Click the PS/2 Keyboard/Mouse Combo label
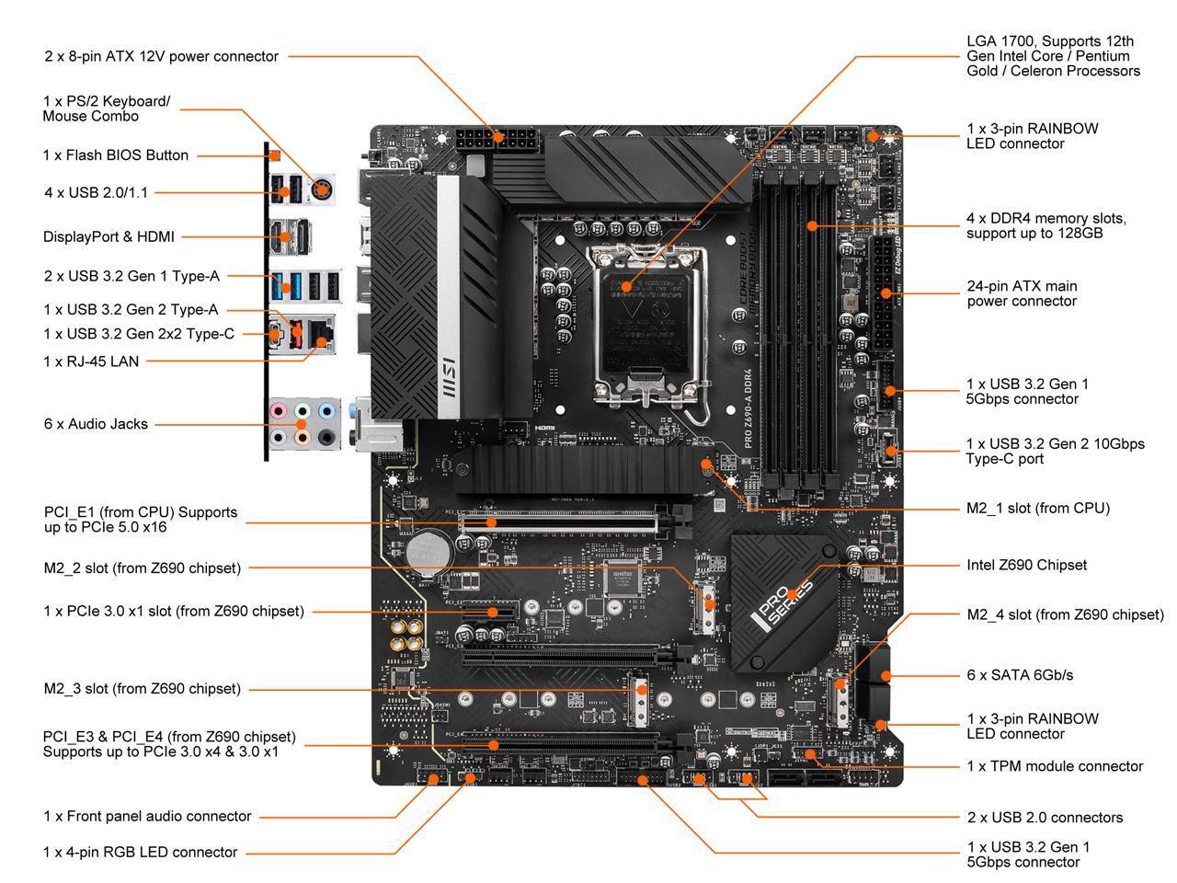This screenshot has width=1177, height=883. (x=107, y=109)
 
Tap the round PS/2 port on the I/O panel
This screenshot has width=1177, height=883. (x=321, y=190)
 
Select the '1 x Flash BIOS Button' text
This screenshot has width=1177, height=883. (x=115, y=155)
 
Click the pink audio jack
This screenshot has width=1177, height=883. (x=280, y=411)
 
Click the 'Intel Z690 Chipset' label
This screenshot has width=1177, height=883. (x=1026, y=565)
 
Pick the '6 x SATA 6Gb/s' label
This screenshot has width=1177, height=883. (x=1020, y=675)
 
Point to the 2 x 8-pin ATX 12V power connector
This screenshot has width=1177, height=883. (x=497, y=143)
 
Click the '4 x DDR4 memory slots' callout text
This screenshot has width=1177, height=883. (x=1046, y=226)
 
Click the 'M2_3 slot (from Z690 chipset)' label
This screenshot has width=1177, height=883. (x=142, y=689)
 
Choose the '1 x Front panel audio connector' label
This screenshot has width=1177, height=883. (x=147, y=816)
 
